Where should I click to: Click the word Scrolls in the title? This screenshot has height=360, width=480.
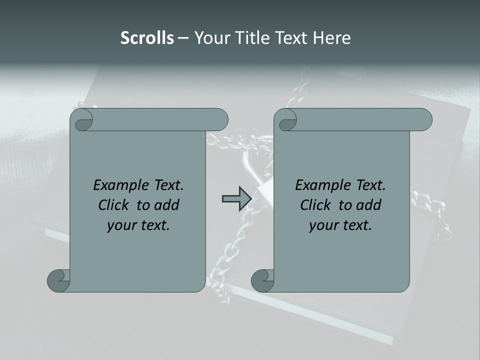(147, 38)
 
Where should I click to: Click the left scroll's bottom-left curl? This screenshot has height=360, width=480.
(59, 280)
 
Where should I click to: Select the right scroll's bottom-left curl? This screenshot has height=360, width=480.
(263, 280)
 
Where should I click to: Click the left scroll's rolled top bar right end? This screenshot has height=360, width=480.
(220, 120)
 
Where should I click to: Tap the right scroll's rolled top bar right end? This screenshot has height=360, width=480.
(424, 120)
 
